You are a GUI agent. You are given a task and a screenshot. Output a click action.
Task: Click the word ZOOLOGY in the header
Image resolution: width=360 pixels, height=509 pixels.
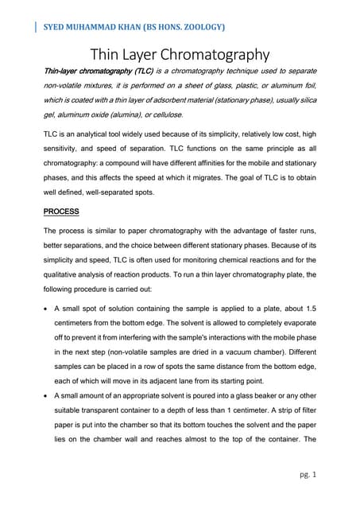(x=199, y=26)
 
